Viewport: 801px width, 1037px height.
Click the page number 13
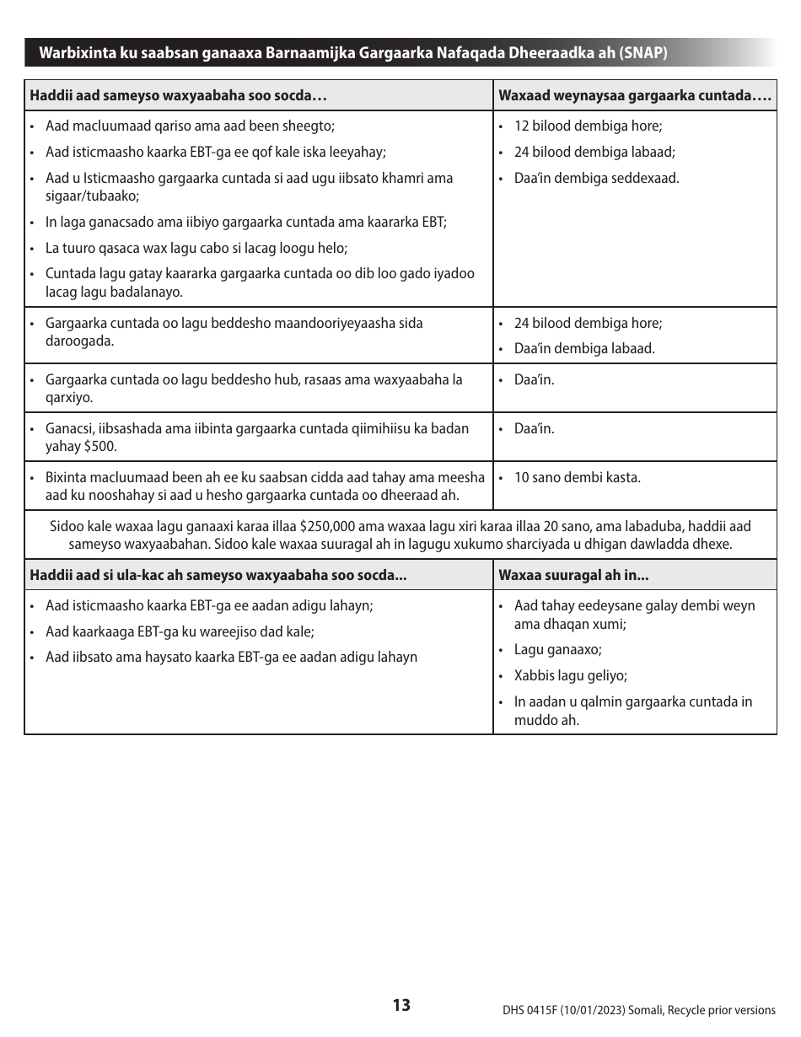pyautogui.click(x=400, y=1005)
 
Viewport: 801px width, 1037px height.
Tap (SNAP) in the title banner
pyautogui.click(x=643, y=53)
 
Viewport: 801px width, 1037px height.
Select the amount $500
pyautogui.click(x=100, y=446)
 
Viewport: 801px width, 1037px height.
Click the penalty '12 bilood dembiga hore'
pyautogui.click(x=588, y=126)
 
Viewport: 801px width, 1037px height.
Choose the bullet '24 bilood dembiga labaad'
pyautogui.click(x=594, y=153)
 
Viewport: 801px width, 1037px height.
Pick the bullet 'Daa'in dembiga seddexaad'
pyautogui.click(x=596, y=178)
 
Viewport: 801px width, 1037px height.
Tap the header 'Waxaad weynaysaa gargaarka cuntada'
pyautogui.click(x=634, y=95)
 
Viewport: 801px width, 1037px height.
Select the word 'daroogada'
pyautogui.click(x=78, y=341)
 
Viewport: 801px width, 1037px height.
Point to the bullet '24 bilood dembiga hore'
pyautogui.click(x=588, y=323)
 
